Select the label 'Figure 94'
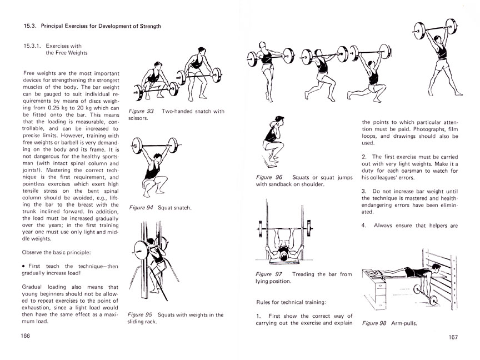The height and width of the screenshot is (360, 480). [141, 208]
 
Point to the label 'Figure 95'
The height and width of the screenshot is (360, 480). [141, 315]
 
